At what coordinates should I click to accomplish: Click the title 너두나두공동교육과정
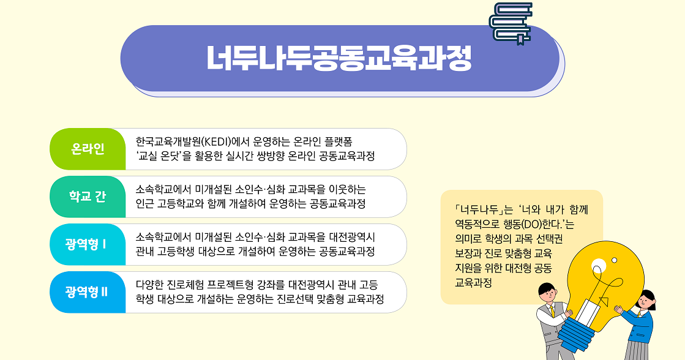pyautogui.click(x=339, y=58)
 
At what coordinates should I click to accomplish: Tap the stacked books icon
pyautogui.click(x=511, y=23)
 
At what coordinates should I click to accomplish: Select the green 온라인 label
pyautogui.click(x=88, y=149)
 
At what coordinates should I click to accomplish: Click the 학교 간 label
pyautogui.click(x=88, y=197)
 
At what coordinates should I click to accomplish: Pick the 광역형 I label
pyautogui.click(x=88, y=244)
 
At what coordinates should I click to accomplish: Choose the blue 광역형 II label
pyautogui.click(x=88, y=292)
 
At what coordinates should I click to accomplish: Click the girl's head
pyautogui.click(x=646, y=301)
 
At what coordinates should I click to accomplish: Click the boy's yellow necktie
pyautogui.click(x=552, y=311)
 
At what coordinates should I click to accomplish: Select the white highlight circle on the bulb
pyautogui.click(x=599, y=265)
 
